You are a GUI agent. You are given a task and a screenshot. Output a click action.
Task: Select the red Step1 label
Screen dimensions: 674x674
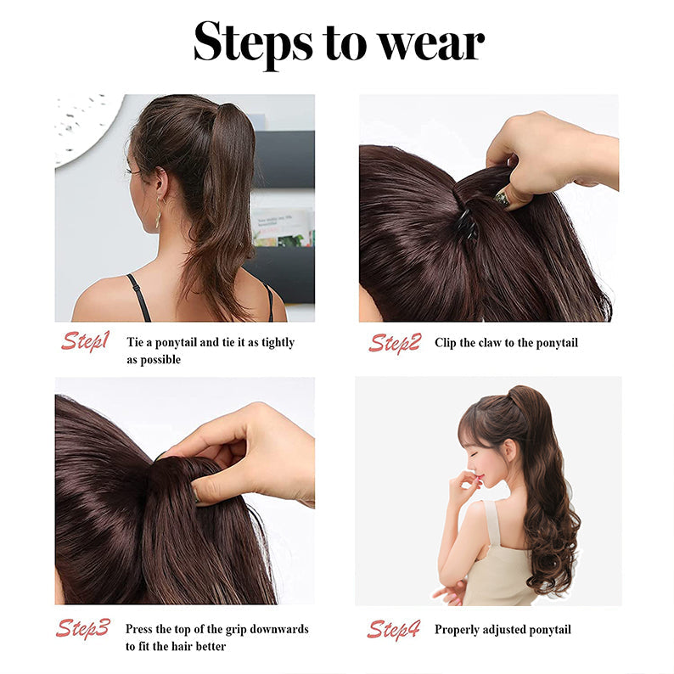click(x=84, y=341)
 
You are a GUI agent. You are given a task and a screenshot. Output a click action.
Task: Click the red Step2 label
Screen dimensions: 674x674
click(x=394, y=342)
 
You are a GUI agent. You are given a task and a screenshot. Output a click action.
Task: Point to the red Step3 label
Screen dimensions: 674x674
click(x=84, y=628)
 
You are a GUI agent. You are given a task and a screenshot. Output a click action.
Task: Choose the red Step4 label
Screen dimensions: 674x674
click(x=394, y=629)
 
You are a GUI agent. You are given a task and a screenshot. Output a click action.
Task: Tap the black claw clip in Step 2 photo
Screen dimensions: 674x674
click(x=465, y=222)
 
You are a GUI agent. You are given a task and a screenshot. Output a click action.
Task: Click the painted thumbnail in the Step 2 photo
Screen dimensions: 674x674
click(x=503, y=199)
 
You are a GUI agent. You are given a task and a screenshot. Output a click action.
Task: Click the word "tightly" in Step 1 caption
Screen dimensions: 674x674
click(x=272, y=342)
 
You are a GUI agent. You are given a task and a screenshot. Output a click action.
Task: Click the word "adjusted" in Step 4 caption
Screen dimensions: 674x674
click(x=509, y=629)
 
